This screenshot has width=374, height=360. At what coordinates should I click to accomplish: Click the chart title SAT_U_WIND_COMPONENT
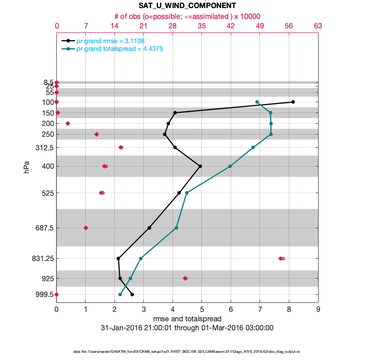187,6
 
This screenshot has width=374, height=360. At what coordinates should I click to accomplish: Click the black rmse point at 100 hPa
293,102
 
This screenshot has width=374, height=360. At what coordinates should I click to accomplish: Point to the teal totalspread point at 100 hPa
257,102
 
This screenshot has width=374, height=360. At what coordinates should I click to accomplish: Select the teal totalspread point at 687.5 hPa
176,228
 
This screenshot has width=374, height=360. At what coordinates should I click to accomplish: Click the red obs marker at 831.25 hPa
281,258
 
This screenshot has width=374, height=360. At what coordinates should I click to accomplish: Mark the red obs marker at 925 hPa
185,278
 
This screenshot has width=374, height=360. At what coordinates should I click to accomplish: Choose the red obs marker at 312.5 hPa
120,147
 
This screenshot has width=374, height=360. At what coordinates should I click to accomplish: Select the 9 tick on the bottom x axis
318,309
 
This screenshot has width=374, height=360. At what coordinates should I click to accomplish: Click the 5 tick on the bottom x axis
202,309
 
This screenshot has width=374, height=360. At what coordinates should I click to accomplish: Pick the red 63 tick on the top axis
318,26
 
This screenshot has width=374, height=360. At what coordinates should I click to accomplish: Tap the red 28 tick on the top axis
173,26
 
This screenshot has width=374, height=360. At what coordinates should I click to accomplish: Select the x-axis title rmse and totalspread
187,319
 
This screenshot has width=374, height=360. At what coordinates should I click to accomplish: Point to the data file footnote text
187,351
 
